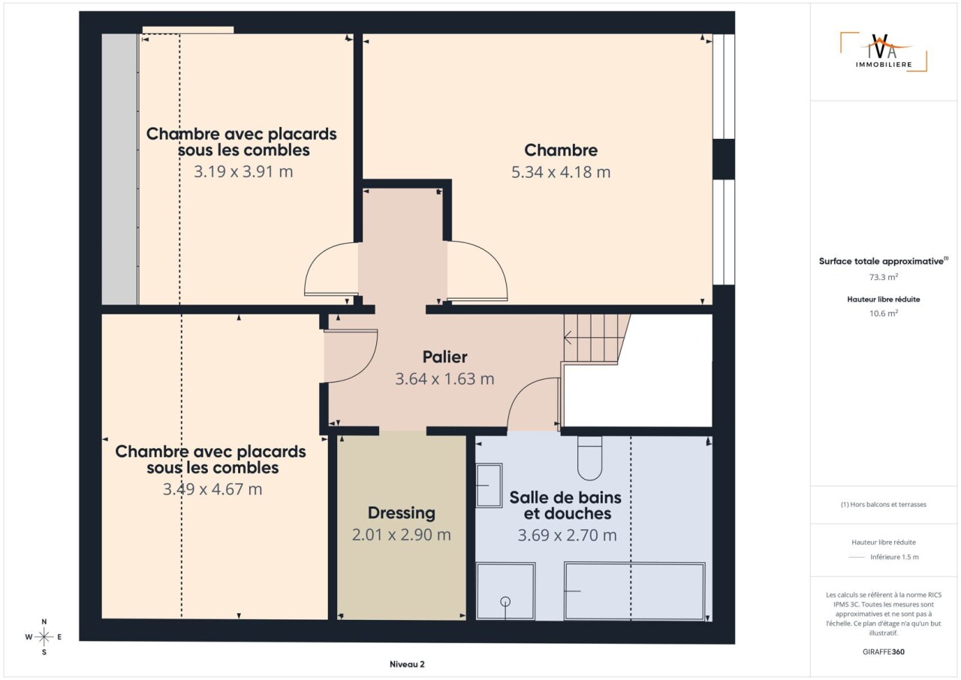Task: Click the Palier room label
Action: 445,357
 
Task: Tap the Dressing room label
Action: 402,513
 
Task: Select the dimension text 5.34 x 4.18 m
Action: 561,172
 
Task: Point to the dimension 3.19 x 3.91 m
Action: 243,171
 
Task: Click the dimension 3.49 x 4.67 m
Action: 212,489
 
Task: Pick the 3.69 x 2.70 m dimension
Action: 567,535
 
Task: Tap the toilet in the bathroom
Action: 590,459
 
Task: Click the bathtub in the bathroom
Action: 634,591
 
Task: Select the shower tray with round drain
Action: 506,591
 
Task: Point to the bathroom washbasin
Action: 489,486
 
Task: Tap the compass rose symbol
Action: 44,636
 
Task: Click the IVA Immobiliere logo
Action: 884,52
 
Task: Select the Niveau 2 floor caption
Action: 407,664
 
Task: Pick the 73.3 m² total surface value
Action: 884,277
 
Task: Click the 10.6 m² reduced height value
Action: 884,314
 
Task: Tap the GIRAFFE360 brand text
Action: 884,651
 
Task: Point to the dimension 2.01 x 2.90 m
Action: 402,534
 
